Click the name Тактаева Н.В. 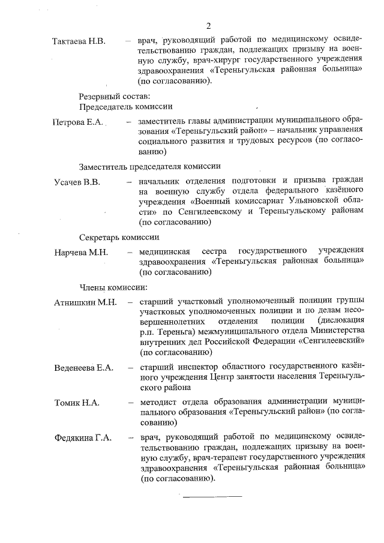click(x=79, y=41)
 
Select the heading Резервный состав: click(x=115, y=96)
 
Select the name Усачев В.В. click(x=77, y=181)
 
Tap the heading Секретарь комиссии click(x=119, y=236)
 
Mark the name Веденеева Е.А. click(x=83, y=367)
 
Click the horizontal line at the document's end click(x=212, y=496)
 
